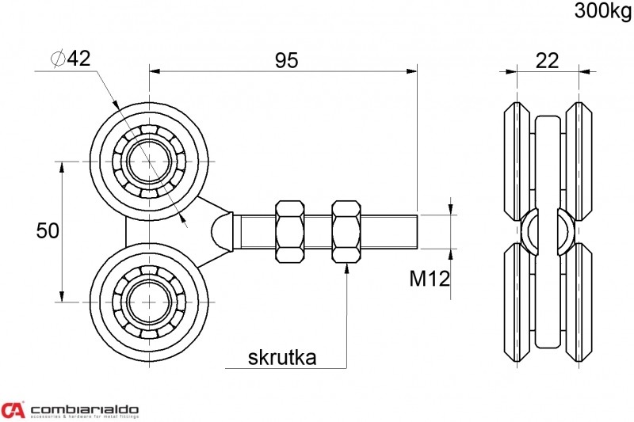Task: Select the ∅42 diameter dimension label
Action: pyautogui.click(x=71, y=59)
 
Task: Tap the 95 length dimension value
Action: pyautogui.click(x=287, y=61)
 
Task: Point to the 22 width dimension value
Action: pyautogui.click(x=547, y=61)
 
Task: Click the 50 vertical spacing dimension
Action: pyautogui.click(x=48, y=231)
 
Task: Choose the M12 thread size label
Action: pyautogui.click(x=430, y=279)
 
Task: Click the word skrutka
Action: pyautogui.click(x=282, y=358)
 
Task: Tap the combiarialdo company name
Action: pyautogui.click(x=85, y=409)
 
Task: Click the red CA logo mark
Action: pyautogui.click(x=13, y=409)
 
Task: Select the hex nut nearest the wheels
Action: pyautogui.click(x=289, y=231)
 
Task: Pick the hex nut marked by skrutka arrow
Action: pyautogui.click(x=346, y=231)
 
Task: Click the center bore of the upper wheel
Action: pyautogui.click(x=150, y=162)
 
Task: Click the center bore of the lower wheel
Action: pyautogui.click(x=150, y=302)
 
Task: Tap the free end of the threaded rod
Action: pyautogui.click(x=417, y=231)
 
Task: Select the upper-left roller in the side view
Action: pyautogui.click(x=517, y=162)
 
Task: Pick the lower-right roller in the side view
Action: pyautogui.click(x=579, y=302)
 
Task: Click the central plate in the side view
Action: pyautogui.click(x=548, y=232)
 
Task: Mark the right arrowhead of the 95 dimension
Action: pyautogui.click(x=411, y=71)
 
